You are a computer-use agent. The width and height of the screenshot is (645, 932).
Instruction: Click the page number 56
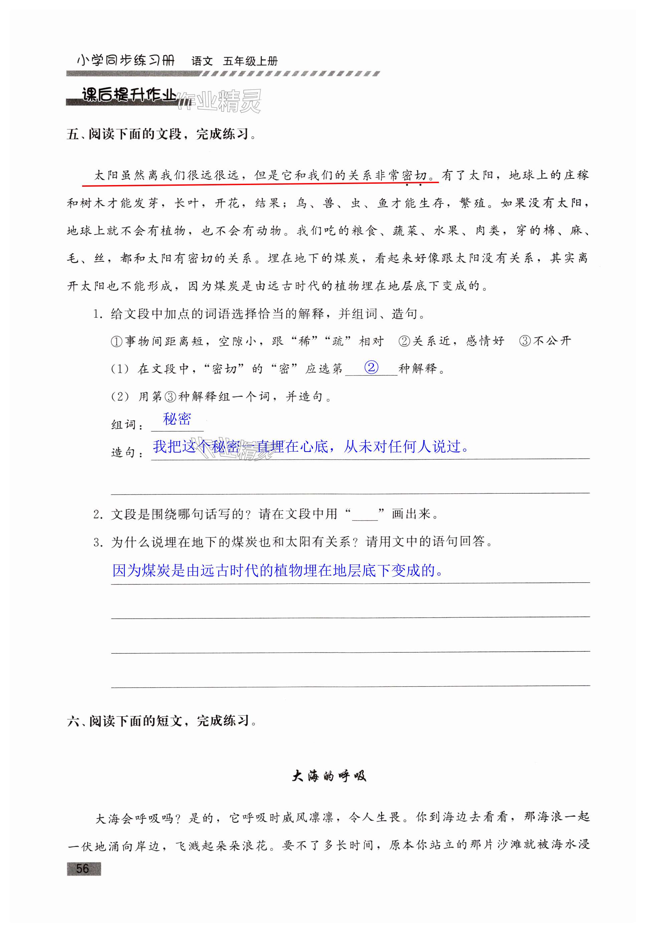[83, 868]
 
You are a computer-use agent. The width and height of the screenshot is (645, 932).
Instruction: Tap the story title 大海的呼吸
[329, 776]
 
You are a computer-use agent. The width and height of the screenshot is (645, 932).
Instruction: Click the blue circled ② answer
[371, 367]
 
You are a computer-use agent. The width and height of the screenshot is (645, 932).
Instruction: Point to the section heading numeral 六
[73, 721]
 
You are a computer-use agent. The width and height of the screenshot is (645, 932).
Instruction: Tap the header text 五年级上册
[250, 61]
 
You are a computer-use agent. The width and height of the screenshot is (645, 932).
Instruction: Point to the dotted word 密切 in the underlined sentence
[414, 175]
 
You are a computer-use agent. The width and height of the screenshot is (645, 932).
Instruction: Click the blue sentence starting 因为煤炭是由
[278, 570]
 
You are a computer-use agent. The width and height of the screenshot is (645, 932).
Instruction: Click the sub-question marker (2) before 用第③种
[120, 397]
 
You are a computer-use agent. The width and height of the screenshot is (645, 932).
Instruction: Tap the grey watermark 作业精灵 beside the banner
[220, 101]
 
